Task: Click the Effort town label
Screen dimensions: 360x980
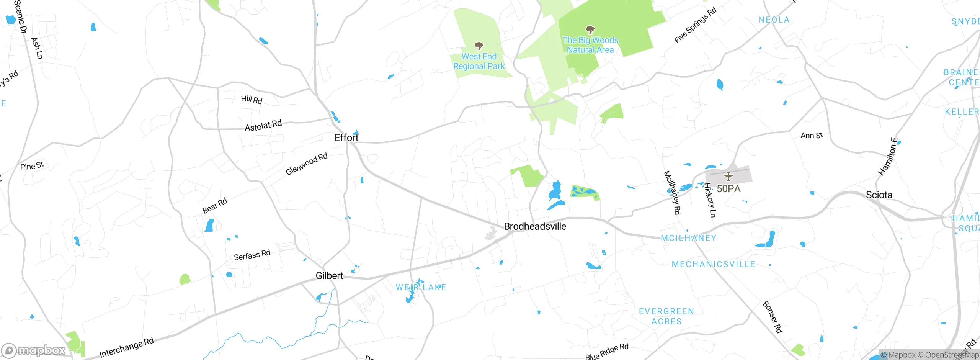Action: click(346, 137)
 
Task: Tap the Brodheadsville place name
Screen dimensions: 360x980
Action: click(535, 226)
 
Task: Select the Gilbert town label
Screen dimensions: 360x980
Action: click(329, 276)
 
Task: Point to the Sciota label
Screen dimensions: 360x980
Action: click(879, 195)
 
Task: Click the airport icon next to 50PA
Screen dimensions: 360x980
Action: click(728, 177)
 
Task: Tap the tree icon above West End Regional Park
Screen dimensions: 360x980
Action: click(479, 46)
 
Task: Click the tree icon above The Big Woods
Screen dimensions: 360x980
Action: click(590, 30)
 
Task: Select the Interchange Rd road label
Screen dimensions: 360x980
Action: click(126, 347)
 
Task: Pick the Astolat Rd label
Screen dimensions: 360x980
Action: click(263, 125)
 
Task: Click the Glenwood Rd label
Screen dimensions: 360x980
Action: click(306, 164)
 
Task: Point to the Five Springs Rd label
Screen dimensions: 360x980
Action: click(695, 25)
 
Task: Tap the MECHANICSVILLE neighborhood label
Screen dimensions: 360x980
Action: click(714, 264)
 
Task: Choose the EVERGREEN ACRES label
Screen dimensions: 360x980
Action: click(666, 316)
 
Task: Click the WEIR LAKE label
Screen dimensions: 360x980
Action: click(421, 287)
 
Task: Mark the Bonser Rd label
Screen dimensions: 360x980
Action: click(772, 317)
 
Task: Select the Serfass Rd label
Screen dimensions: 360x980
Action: click(252, 255)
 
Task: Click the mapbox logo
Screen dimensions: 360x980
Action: click(34, 350)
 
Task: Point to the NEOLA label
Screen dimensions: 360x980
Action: click(774, 20)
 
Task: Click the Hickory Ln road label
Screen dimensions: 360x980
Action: click(710, 200)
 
